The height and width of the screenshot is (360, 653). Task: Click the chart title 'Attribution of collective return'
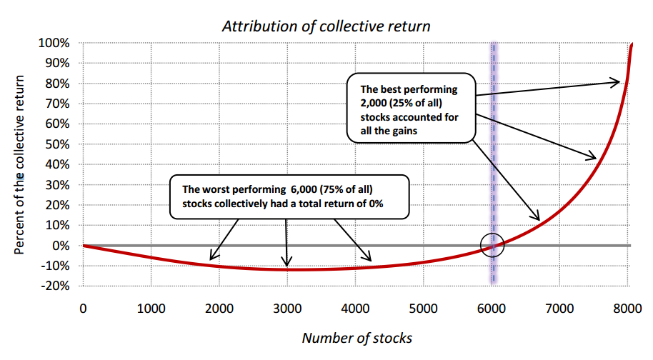tap(326, 26)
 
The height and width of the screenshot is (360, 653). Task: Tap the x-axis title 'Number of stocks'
tap(357, 338)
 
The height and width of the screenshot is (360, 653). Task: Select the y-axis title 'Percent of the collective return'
tap(19, 165)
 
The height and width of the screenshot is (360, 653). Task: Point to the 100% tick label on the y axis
tap(54, 43)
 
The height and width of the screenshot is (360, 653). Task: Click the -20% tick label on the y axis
tap(55, 286)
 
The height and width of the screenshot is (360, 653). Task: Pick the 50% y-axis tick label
tap(57, 144)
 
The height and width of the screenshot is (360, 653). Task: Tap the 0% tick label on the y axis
tap(61, 246)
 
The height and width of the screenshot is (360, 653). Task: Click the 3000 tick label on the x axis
tap(287, 309)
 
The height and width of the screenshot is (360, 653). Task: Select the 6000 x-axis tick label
tap(492, 309)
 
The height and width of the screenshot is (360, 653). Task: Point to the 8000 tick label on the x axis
tap(627, 309)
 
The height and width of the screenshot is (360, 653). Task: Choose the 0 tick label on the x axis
tap(84, 309)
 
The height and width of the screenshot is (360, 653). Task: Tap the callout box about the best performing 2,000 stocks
tap(411, 108)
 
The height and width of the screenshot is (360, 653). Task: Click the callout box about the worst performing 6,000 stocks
tap(289, 197)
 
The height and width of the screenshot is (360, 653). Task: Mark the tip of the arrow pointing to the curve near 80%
tap(620, 82)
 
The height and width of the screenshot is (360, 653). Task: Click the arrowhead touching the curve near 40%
tap(597, 158)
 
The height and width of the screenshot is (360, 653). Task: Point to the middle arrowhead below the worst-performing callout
tap(286, 266)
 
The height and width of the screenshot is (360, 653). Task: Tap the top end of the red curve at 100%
tap(632, 44)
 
